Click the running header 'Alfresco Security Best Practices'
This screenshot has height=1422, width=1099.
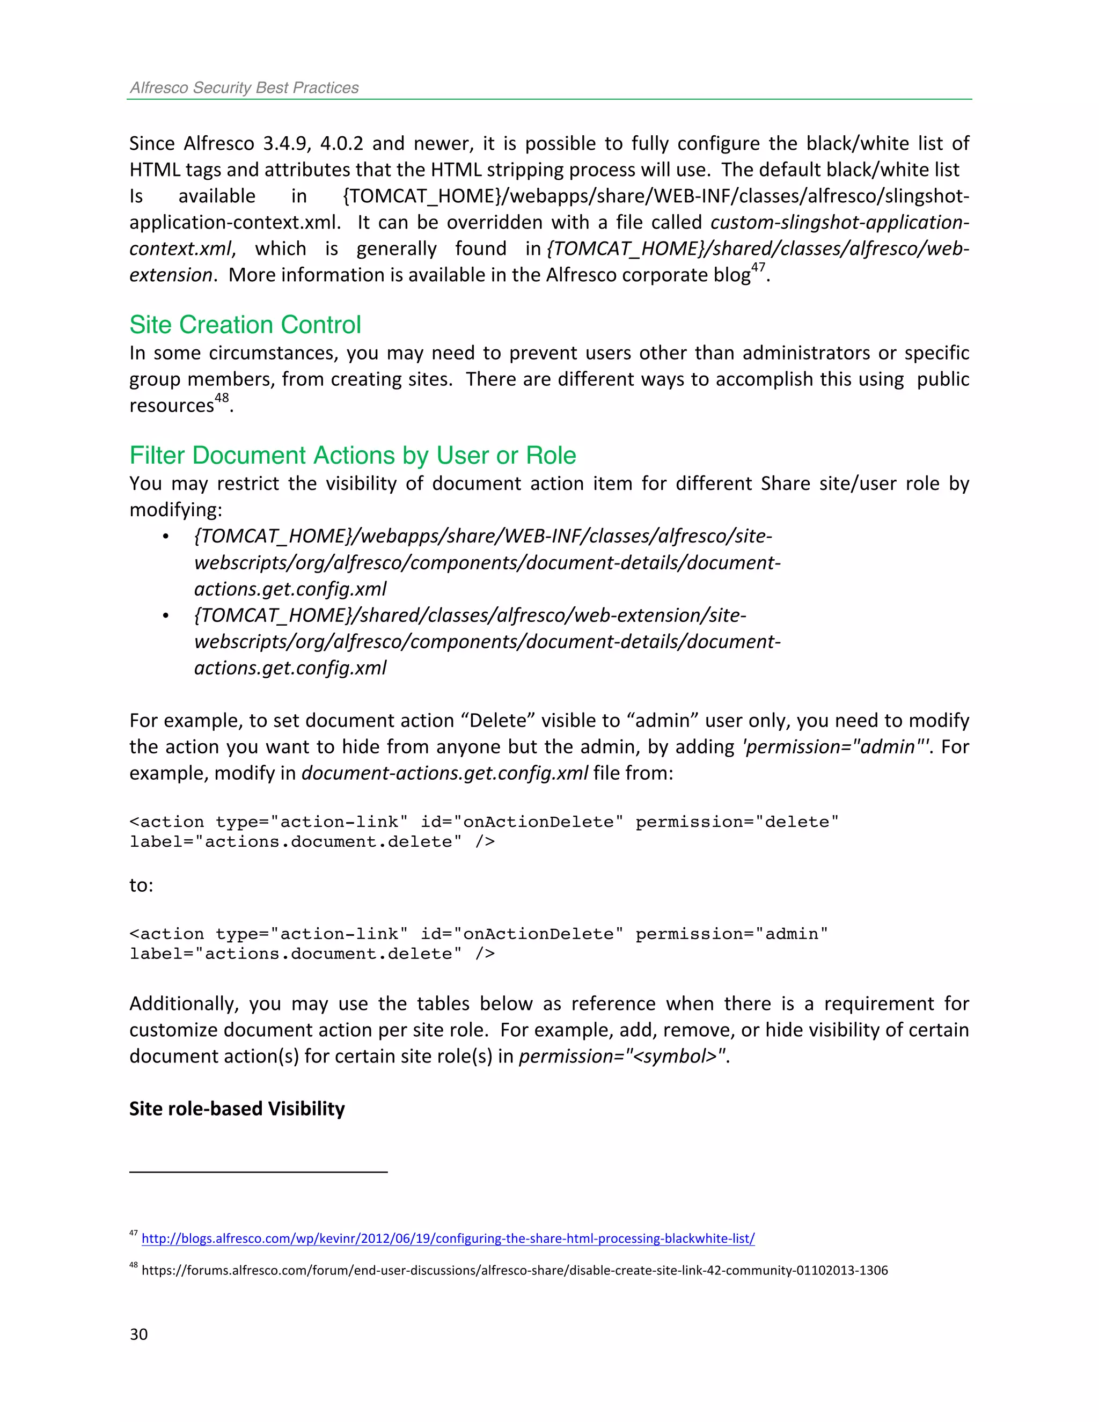244,88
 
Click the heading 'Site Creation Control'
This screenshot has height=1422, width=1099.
245,325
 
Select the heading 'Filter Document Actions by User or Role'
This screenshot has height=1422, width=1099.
352,456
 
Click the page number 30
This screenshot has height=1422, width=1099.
138,1334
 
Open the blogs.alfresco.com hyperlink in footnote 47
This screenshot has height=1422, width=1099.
448,1238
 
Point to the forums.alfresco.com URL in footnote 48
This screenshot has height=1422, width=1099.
514,1270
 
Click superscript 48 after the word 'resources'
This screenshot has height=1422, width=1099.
222,398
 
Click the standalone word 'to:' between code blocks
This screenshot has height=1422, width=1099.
141,885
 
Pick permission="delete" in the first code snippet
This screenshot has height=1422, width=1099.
737,822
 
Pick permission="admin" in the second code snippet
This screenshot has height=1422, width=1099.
732,934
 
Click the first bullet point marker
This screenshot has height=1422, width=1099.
166,537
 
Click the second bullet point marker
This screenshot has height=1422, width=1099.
166,616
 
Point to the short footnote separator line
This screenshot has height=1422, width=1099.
259,1172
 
